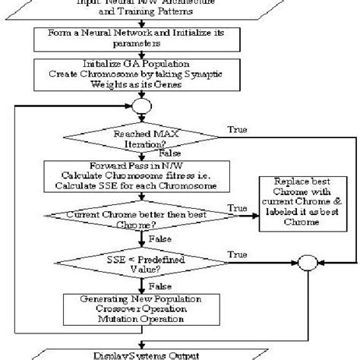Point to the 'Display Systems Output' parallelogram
pos(144,354)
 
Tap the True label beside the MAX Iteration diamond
pos(236,130)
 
